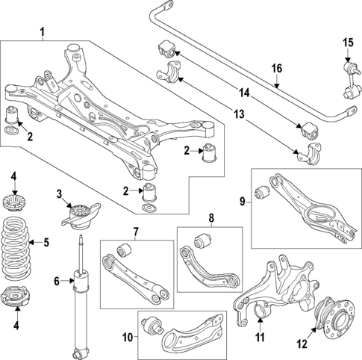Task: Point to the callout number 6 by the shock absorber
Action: coord(56,281)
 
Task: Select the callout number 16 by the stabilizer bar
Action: coord(277,69)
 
